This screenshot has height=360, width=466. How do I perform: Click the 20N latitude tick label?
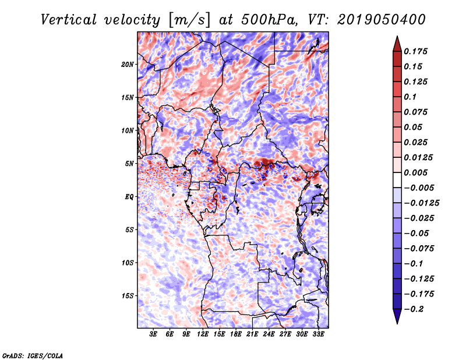coord(128,64)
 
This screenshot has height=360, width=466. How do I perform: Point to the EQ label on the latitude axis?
coord(129,197)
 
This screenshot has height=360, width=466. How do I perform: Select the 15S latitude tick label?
coord(128,296)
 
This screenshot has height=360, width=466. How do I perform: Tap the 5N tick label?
coord(130,164)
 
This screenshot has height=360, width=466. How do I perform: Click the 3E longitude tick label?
coord(154,335)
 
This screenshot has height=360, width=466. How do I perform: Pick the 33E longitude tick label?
coord(318,335)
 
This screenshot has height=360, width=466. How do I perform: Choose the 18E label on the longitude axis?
coord(236,335)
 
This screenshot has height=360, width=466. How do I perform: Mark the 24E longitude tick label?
coord(269,335)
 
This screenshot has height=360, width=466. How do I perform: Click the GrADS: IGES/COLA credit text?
coord(33,355)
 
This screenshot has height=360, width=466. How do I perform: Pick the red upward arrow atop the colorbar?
coord(397,42)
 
